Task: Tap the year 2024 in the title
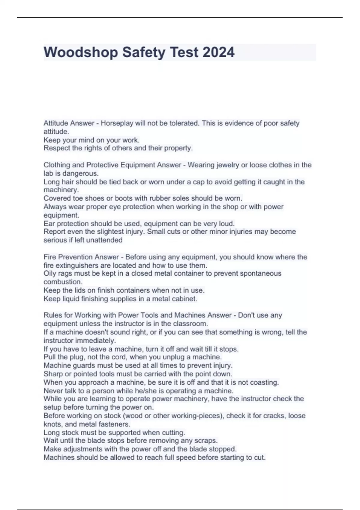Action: (x=218, y=52)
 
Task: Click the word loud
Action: (x=227, y=223)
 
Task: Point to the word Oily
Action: (x=50, y=274)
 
